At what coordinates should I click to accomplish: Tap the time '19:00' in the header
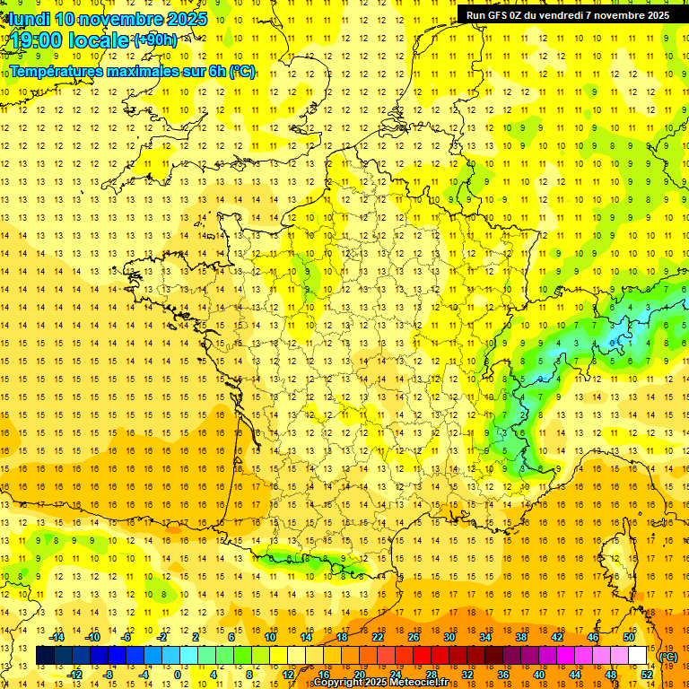click(x=35, y=40)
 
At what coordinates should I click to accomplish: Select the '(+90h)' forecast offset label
click(x=155, y=40)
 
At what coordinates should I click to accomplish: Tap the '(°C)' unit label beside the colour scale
click(x=668, y=657)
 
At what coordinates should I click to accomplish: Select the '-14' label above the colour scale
click(x=57, y=637)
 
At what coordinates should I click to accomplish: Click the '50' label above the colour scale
click(x=629, y=637)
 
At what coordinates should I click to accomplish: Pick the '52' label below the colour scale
click(x=647, y=675)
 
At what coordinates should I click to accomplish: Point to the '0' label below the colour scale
click(x=178, y=675)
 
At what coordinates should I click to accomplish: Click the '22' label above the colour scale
click(x=378, y=637)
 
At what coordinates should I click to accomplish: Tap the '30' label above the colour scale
click(x=449, y=637)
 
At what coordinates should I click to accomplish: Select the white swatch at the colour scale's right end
click(x=638, y=656)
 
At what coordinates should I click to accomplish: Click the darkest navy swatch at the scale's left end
click(x=45, y=656)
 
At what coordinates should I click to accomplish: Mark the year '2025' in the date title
click(x=187, y=19)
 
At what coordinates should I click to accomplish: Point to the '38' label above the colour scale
click(x=521, y=637)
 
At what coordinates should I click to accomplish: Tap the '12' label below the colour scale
click(x=288, y=675)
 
